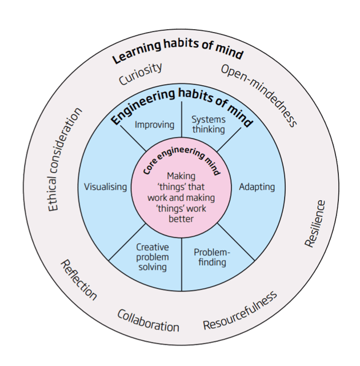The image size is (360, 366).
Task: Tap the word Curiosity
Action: click(141, 74)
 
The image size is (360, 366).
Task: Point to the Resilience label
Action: click(315, 223)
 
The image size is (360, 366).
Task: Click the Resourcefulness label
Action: click(240, 311)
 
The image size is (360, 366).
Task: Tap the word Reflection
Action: click(79, 280)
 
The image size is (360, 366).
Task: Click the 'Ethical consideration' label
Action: click(65, 160)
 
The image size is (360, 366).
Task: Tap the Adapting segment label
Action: click(257, 187)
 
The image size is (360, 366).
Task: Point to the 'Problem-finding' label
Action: click(210, 257)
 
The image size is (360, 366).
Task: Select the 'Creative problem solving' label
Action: click(153, 257)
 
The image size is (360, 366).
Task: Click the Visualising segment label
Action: click(105, 187)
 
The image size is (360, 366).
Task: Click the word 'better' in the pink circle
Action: click(181, 218)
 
